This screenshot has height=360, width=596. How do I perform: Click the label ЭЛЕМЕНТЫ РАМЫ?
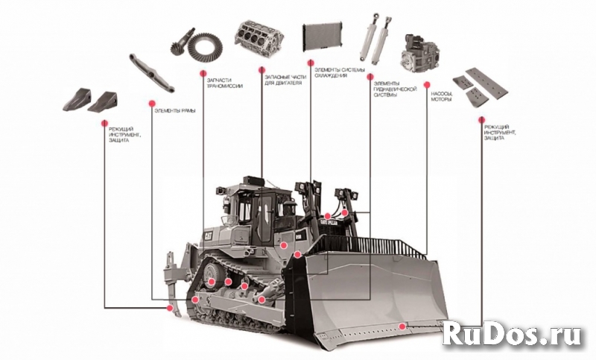[177, 110]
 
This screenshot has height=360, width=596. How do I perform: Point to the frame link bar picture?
[151, 72]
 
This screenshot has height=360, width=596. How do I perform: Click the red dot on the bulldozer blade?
[402, 326]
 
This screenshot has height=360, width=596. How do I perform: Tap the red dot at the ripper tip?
[171, 307]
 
